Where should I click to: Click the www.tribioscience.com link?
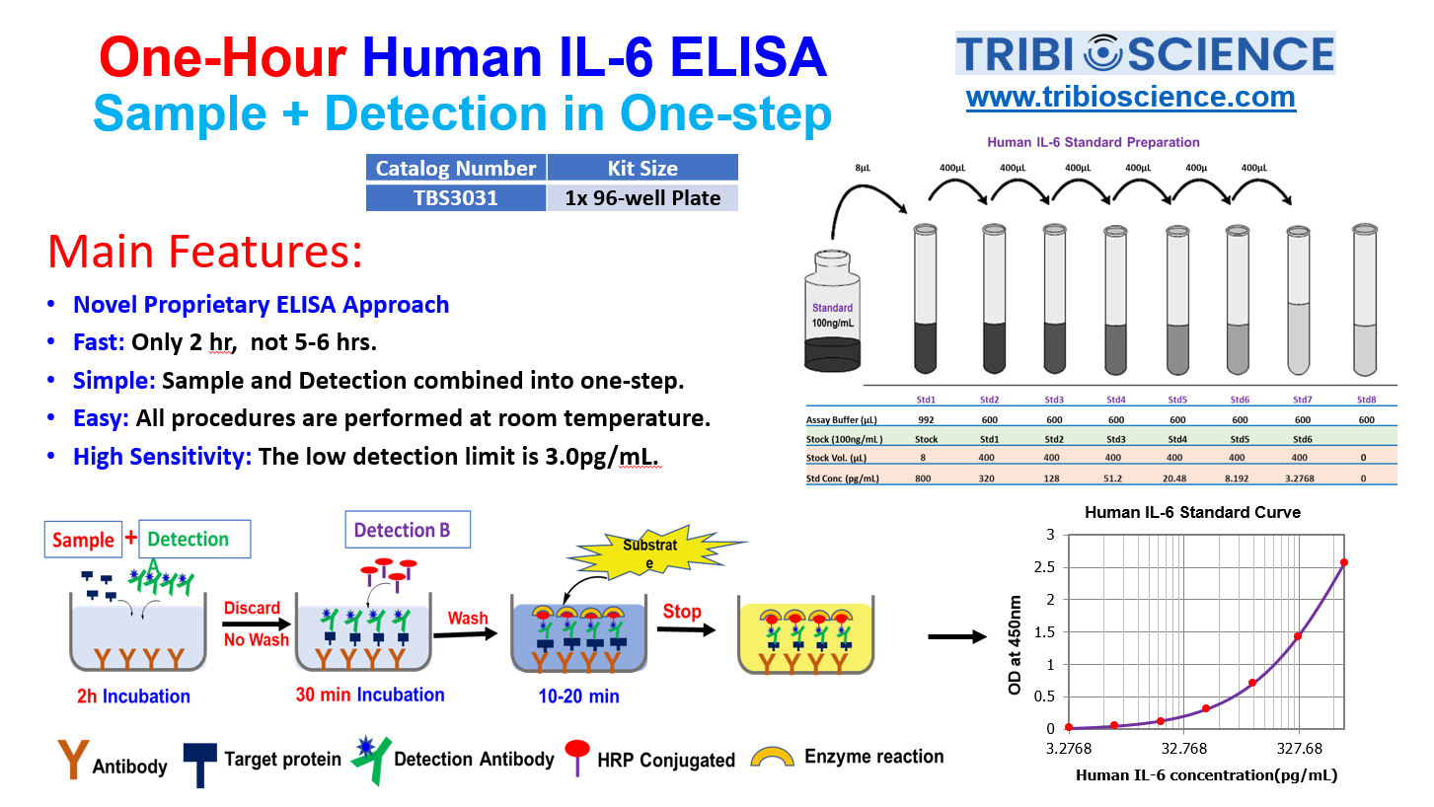(x=1131, y=98)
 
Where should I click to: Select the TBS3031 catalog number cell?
(x=456, y=197)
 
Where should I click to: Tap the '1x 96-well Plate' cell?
(x=642, y=197)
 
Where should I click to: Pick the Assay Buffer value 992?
(x=926, y=420)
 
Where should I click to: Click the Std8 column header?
(x=1366, y=400)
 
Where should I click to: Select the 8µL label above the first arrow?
(x=863, y=168)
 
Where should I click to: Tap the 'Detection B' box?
(x=408, y=529)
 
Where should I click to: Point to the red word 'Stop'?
(x=682, y=612)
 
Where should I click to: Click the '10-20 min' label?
(x=578, y=696)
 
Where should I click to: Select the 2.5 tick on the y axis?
(x=1045, y=567)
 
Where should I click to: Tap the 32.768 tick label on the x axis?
(x=1183, y=748)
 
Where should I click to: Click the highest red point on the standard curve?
(x=1344, y=562)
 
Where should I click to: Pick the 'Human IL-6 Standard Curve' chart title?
(x=1192, y=512)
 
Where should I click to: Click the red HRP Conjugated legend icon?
(x=577, y=757)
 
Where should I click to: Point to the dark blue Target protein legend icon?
(x=199, y=765)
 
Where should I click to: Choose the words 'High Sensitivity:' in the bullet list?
(x=163, y=457)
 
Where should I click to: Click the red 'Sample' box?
(x=83, y=540)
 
